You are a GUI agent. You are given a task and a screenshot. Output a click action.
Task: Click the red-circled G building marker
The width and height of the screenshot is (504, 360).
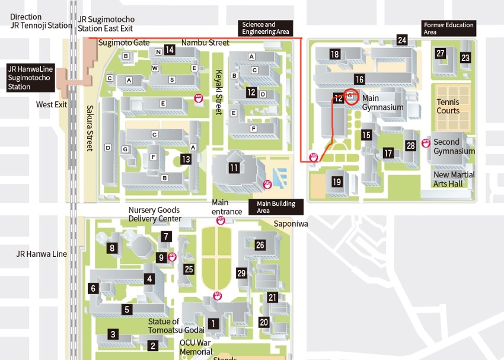[x=350, y=95]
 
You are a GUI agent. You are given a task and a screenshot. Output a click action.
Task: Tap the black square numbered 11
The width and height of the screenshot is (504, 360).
[x=234, y=168]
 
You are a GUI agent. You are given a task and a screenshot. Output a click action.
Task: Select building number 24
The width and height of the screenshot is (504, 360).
[x=402, y=40]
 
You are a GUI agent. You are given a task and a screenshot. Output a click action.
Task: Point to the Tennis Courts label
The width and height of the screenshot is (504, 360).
[x=448, y=107]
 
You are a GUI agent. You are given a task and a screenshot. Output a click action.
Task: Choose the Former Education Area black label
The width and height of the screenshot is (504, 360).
[x=448, y=28]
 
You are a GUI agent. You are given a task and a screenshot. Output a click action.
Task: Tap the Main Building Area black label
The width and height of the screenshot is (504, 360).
[x=276, y=206]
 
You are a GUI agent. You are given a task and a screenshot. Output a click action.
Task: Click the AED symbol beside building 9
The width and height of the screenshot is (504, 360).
[x=173, y=257]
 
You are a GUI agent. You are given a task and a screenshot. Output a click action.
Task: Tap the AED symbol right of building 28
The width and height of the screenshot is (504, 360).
[x=426, y=144]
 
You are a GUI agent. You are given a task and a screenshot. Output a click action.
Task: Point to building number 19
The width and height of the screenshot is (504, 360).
[x=337, y=182]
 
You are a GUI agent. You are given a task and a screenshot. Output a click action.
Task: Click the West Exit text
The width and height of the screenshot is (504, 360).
[x=52, y=104]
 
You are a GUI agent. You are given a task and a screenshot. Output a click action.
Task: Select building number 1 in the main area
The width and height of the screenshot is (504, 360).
[x=214, y=323]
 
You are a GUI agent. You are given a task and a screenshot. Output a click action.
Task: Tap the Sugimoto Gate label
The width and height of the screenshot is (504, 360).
[x=123, y=43]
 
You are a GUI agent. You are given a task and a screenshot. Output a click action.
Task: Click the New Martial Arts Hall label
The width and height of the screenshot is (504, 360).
[x=454, y=179]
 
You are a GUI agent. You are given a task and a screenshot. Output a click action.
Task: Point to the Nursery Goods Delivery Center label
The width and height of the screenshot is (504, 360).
[x=154, y=214]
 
